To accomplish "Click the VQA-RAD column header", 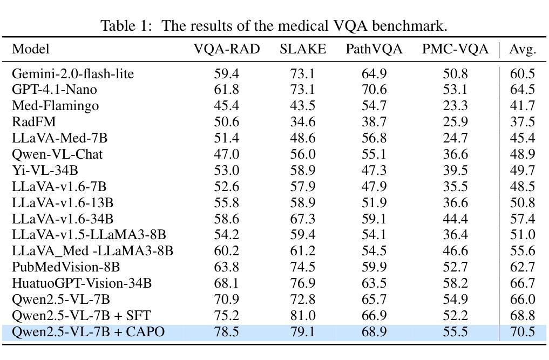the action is tap(227, 49).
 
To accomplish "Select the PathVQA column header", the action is tap(374, 49).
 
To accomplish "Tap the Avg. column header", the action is tap(523, 49).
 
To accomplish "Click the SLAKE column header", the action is tap(303, 49).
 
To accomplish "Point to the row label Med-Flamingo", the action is tap(55, 106).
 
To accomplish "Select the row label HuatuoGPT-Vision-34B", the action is tap(82, 283).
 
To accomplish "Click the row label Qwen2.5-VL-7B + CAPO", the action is tap(88, 331).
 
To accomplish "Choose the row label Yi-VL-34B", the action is tap(45, 170).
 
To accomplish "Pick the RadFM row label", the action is tap(34, 122).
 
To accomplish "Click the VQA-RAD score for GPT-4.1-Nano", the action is tap(227, 90).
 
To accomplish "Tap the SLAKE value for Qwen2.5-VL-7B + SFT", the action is tap(303, 316).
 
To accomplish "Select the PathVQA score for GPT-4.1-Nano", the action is tap(374, 90).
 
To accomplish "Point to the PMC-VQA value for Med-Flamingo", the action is tap(455, 106).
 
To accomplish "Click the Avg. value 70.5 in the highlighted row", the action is tap(523, 331).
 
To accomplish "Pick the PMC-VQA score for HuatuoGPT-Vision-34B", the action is tap(455, 283).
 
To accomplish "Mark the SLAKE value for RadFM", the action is tap(303, 122).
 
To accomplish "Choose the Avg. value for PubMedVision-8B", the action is tap(523, 267).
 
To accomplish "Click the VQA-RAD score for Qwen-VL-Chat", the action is tap(227, 154).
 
